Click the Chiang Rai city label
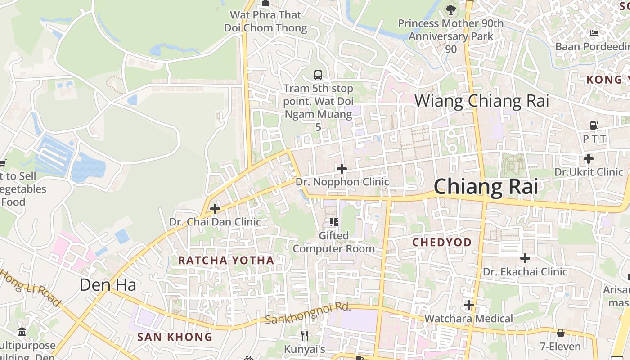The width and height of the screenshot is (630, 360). click(486, 187)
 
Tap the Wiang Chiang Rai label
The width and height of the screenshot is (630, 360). click(481, 101)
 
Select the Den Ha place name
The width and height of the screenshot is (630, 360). click(108, 284)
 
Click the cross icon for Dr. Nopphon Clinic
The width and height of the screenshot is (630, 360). click(342, 169)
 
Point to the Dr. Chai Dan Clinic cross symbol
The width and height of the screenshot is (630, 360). click(215, 209)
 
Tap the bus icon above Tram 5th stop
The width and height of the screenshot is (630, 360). click(318, 75)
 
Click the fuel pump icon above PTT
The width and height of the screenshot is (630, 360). click(594, 126)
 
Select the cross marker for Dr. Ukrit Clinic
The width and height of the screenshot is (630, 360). click(589, 158)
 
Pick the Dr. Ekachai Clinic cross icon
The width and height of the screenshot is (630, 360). click(525, 258)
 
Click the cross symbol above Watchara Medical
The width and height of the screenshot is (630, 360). click(469, 305)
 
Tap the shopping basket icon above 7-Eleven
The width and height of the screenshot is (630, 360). click(561, 333)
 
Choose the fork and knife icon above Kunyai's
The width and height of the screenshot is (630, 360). click(305, 335)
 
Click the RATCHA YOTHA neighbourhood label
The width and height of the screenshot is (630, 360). click(226, 260)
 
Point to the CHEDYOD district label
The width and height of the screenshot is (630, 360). click(442, 243)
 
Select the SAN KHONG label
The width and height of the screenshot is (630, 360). click(175, 337)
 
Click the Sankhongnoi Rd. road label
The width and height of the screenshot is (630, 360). click(308, 313)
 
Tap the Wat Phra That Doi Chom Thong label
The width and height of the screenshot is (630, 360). click(265, 21)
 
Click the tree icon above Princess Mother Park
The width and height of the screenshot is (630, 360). click(451, 9)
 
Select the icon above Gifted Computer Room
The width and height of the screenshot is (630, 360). click(333, 222)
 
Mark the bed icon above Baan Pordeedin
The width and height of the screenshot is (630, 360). click(594, 33)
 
